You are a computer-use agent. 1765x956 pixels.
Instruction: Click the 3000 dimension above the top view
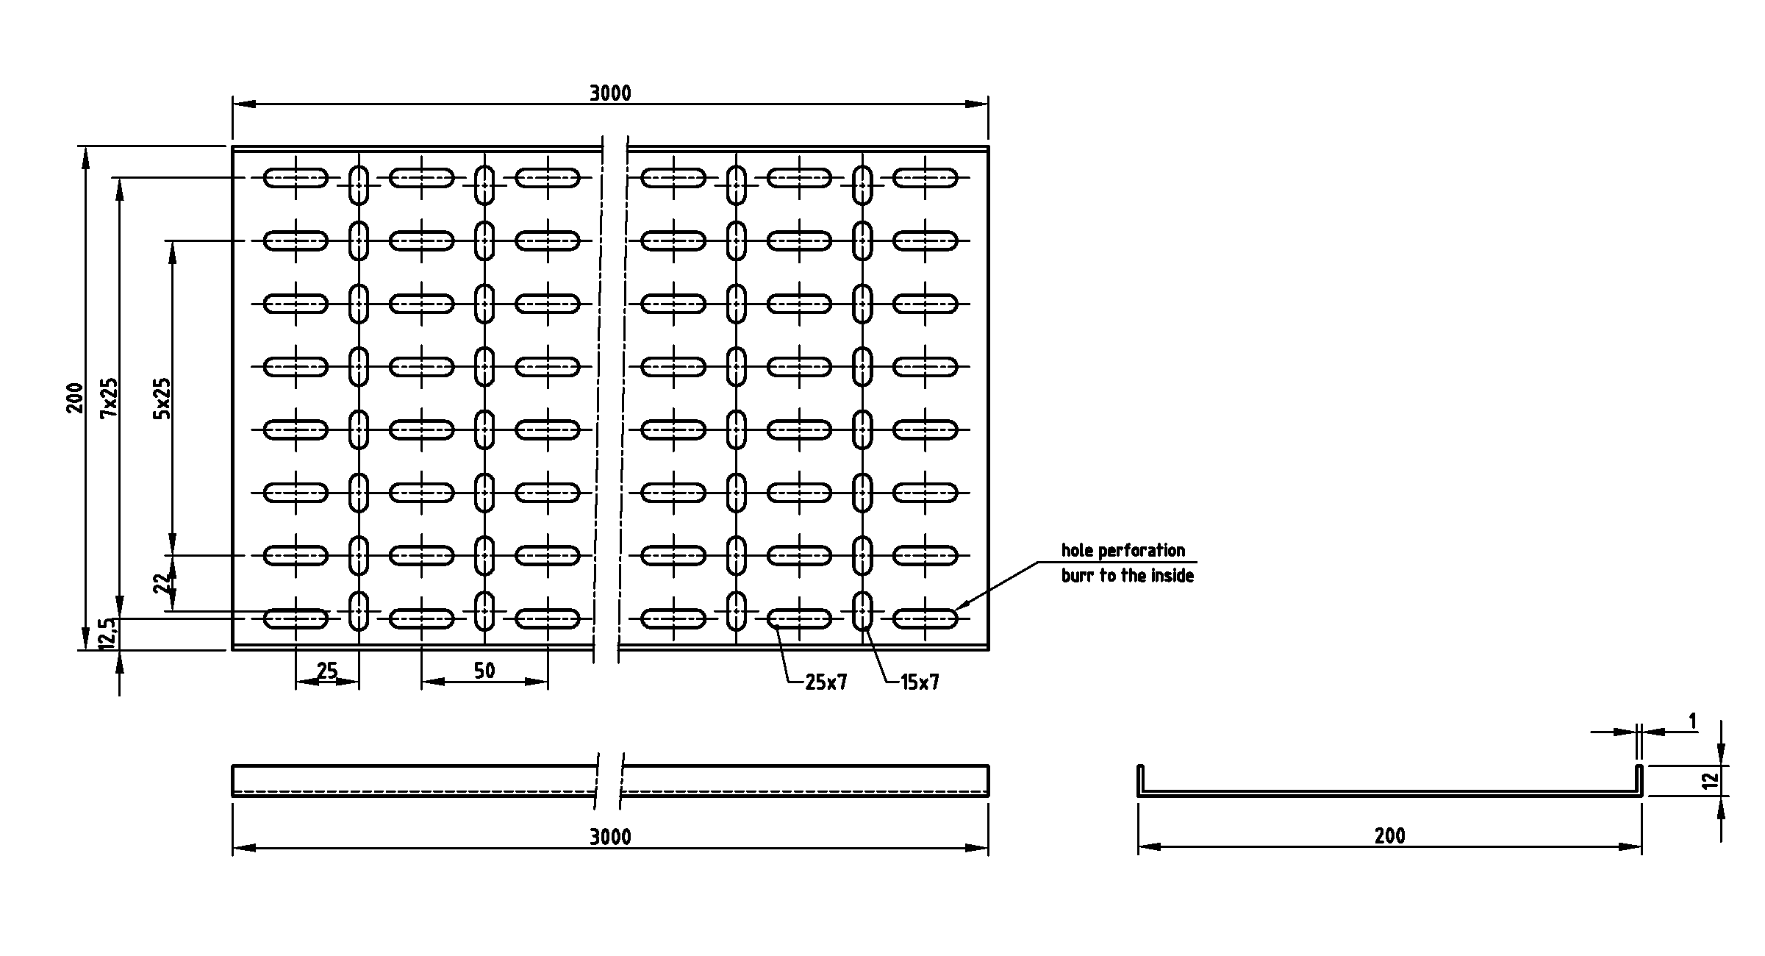610,93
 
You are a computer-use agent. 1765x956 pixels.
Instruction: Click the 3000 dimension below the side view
610,837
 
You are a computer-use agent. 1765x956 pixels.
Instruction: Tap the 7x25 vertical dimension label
109,397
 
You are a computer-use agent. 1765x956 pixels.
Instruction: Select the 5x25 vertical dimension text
162,398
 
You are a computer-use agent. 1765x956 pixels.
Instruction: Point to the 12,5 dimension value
107,633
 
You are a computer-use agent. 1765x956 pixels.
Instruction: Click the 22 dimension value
162,583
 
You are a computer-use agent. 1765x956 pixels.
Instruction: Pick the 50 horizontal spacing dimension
484,671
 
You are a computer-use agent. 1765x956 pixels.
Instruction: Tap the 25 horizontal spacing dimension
327,671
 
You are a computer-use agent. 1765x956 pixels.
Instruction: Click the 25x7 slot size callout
826,682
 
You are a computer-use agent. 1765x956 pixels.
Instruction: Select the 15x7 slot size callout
920,682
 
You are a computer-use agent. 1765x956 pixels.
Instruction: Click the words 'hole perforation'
1123,550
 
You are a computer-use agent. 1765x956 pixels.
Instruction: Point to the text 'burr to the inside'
1128,575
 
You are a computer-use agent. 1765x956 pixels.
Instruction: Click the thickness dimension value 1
1693,722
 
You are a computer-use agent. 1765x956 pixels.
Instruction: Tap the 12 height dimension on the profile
1713,780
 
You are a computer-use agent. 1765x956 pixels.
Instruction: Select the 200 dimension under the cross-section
1389,836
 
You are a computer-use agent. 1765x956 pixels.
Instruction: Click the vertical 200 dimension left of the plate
76,397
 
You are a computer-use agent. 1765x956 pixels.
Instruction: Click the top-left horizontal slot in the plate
296,178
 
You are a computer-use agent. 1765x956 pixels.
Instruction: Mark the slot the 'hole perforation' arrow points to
926,618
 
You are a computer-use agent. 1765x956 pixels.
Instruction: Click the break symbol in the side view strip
609,780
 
